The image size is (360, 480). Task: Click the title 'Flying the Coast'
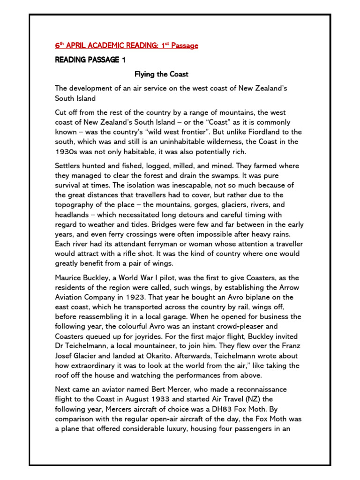pyautogui.click(x=162, y=74)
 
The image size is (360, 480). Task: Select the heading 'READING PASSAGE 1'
pyautogui.click(x=87, y=60)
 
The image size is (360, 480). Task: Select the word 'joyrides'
pyautogui.click(x=123, y=337)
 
